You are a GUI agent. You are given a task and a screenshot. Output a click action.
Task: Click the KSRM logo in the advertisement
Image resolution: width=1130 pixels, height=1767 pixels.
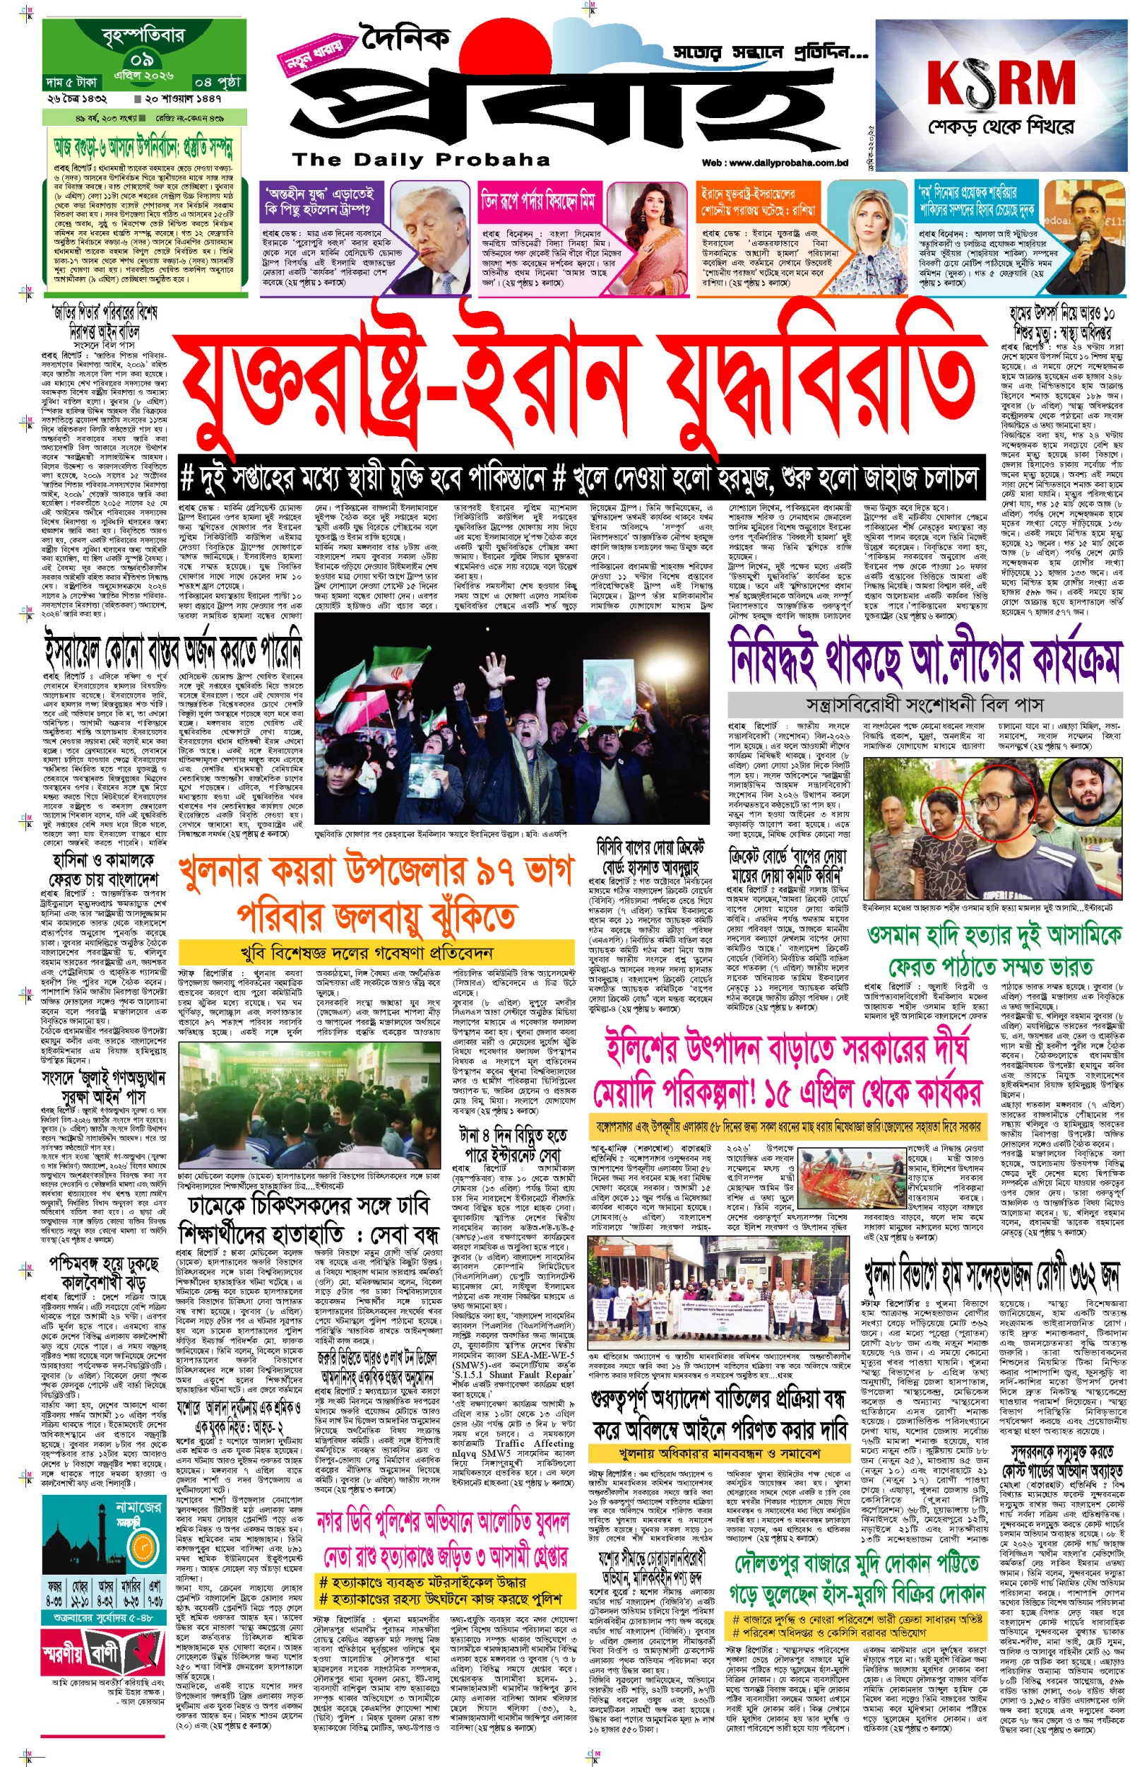pos(1001,82)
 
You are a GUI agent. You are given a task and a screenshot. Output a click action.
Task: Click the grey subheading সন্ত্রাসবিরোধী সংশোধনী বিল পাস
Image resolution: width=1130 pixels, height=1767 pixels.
pos(924,705)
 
